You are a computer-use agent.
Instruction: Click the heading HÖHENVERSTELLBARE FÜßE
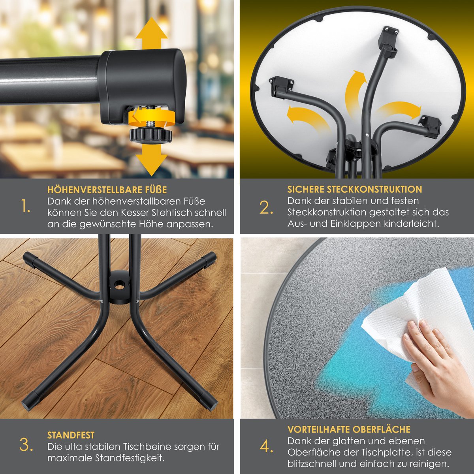[x=107, y=190]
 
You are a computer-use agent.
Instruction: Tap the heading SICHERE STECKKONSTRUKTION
[x=355, y=189]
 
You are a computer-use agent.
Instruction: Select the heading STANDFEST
[x=71, y=435]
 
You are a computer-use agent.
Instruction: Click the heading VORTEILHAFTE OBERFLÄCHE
[x=349, y=429]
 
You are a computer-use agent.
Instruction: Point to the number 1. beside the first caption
[x=26, y=206]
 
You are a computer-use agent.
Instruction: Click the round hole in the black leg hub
[x=120, y=286]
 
